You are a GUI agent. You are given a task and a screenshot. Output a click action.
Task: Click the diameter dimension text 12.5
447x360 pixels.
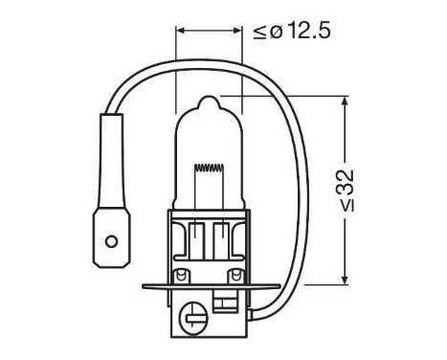(x=302, y=32)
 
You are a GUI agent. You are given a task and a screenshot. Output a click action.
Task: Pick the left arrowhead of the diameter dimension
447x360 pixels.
(x=181, y=32)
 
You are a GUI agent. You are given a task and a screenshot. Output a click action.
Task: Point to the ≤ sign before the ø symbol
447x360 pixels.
(x=260, y=33)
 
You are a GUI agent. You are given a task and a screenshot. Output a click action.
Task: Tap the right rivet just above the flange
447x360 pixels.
(x=242, y=274)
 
